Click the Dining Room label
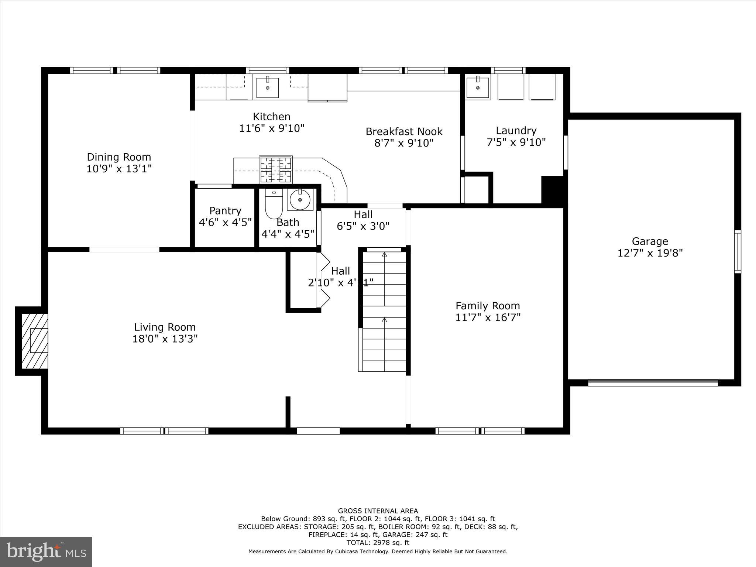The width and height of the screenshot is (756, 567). (x=119, y=157)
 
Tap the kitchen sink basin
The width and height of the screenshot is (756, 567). (x=267, y=87)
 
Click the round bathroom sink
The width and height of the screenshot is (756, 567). (x=300, y=199)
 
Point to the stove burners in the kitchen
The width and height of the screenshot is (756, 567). (x=276, y=169)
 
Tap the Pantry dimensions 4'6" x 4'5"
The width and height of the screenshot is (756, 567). (x=225, y=222)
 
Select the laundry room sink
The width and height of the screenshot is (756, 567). (x=478, y=87)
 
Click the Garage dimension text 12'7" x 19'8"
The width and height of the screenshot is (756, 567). (x=650, y=253)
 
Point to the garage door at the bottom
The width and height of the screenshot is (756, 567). (x=653, y=382)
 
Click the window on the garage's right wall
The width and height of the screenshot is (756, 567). (x=737, y=251)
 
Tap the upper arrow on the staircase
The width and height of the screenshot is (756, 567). (x=384, y=255)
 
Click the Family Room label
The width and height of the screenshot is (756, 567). (x=488, y=306)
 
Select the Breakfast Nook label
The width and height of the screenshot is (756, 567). (x=404, y=131)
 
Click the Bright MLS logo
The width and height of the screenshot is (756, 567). (x=46, y=551)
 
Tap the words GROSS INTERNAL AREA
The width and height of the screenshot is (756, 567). (x=378, y=511)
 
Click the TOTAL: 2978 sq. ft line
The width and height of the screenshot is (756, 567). (x=378, y=543)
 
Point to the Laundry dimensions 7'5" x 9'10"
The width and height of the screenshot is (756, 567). (x=516, y=142)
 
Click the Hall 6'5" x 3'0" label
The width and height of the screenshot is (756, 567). (x=363, y=220)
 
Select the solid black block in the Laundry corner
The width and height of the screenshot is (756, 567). (x=552, y=189)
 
